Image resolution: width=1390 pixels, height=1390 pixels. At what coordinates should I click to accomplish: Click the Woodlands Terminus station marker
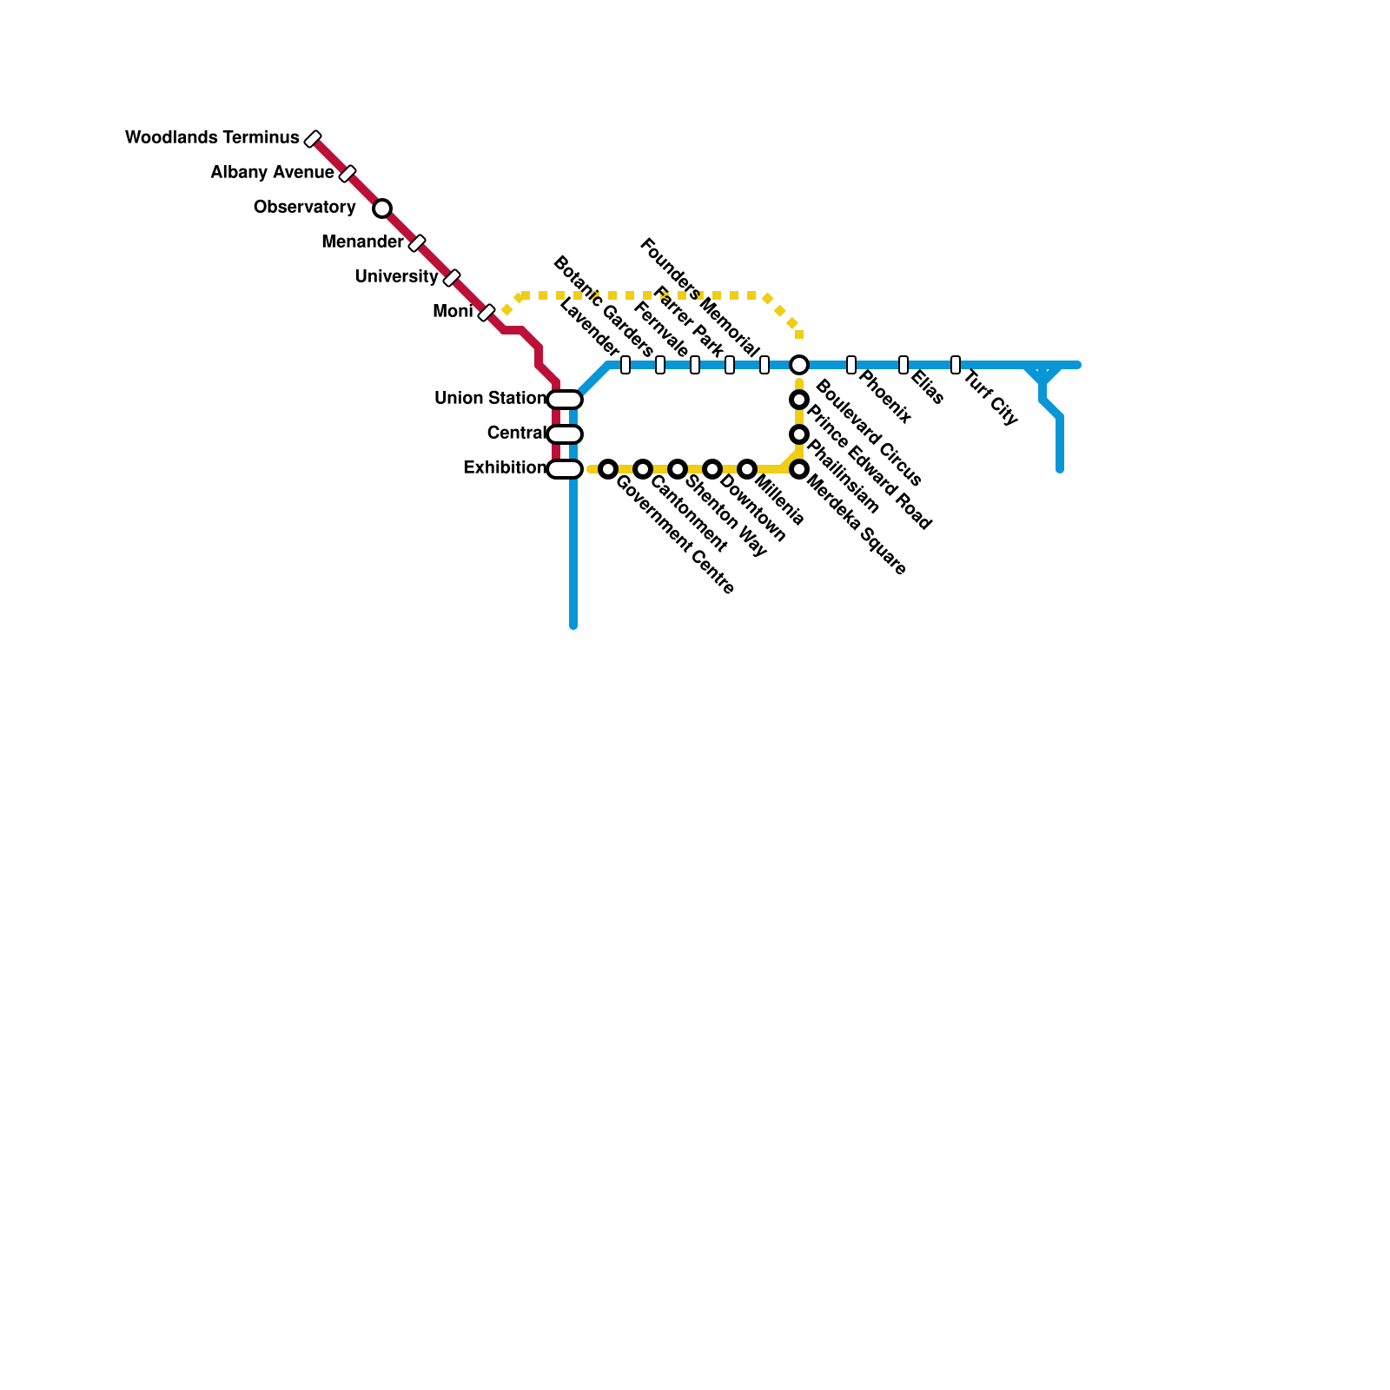pos(313,139)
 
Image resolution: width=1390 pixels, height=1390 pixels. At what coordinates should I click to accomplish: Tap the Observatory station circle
pos(382,208)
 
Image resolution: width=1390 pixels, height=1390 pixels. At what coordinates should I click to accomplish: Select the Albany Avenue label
pos(272,173)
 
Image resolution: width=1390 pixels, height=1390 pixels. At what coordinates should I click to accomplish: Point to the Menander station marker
pos(417,243)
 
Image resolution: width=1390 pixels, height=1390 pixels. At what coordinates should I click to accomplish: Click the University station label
pos(396,277)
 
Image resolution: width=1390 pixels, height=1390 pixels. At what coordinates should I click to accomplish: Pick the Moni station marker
pos(486,313)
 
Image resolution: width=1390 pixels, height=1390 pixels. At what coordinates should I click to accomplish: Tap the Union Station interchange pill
pos(565,400)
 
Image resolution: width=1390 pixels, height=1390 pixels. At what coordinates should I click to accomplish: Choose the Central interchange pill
pos(565,434)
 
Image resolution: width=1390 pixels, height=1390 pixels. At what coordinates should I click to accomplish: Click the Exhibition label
pos(505,468)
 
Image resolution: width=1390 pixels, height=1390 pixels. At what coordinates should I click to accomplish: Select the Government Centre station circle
pos(608,469)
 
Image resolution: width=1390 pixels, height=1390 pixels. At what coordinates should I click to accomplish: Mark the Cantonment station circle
pos(643,469)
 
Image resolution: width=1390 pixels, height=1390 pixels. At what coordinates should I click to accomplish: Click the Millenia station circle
pos(747,469)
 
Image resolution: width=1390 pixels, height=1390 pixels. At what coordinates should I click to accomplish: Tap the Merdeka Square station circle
pos(799,469)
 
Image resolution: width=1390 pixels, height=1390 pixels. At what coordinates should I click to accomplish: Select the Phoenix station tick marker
pos(851,365)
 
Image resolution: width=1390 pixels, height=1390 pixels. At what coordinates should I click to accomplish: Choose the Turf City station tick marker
pos(956,365)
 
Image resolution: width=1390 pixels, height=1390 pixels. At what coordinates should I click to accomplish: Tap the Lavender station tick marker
pos(625,365)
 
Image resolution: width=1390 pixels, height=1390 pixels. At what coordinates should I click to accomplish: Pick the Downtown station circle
pos(712,469)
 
